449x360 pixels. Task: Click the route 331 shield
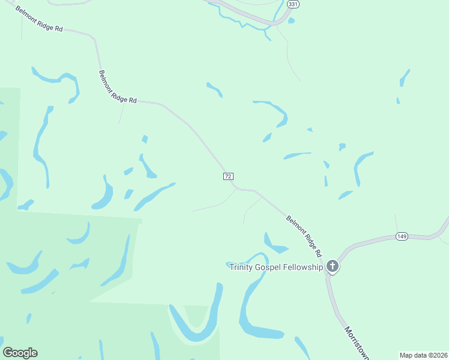pos(292,4)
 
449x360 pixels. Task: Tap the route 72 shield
pos(228,176)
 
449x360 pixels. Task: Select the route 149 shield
pos(402,236)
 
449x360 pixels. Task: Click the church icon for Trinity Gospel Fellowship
pos(332,267)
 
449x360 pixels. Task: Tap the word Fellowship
pos(304,267)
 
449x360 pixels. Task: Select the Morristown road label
pos(357,343)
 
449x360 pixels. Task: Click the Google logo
pos(20,353)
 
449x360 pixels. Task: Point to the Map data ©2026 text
pos(424,355)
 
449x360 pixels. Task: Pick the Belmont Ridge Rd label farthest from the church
pos(40,19)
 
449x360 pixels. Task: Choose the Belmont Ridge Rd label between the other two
pos(118,86)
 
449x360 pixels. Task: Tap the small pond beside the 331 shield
pos(291,20)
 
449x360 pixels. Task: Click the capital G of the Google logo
pos(8,353)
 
